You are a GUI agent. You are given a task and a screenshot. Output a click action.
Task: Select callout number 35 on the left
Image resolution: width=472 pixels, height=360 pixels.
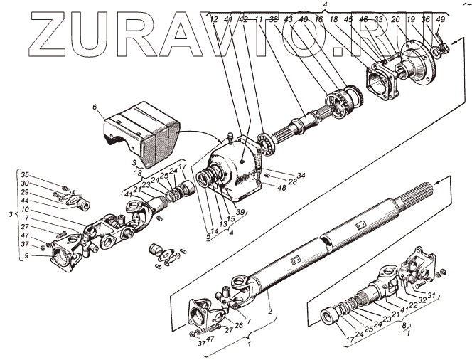[24, 174]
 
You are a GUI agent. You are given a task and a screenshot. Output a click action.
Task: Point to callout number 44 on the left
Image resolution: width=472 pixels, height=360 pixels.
[24, 202]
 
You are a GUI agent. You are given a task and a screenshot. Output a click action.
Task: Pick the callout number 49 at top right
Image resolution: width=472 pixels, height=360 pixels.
[441, 19]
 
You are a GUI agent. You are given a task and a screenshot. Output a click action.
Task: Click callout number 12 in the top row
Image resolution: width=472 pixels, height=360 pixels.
[214, 19]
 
